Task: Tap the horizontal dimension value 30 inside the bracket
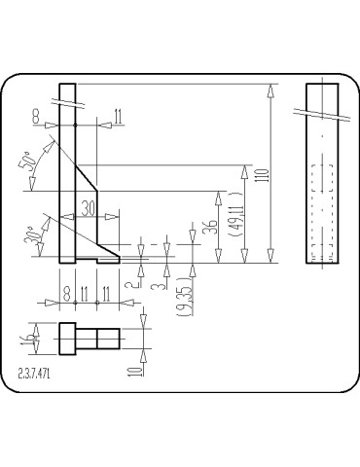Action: [x=89, y=207]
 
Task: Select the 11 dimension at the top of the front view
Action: [x=117, y=117]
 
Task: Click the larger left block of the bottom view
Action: [x=68, y=339]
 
